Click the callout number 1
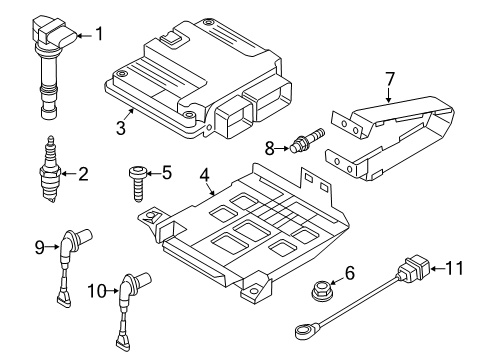coord(99,34)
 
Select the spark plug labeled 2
coord(50,169)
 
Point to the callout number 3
coord(121,128)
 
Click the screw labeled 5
coord(137,184)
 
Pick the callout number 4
coord(204,175)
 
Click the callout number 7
coord(390,79)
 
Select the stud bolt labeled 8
coord(307,140)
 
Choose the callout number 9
coord(39,247)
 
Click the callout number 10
coord(97,291)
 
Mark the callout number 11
coord(454,268)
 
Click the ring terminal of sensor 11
coord(304,332)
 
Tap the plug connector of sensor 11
coord(412,268)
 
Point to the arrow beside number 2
coord(69,173)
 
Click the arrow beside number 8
coord(282,148)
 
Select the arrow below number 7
coord(388,94)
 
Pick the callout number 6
coord(350,273)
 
